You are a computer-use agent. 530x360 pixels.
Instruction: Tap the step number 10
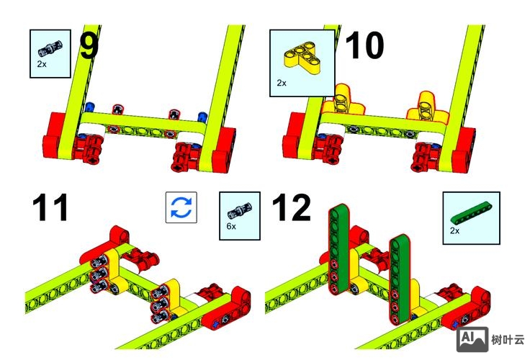coord(364,45)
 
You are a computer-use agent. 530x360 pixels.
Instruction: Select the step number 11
coord(50,207)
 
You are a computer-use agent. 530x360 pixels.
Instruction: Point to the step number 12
coord(291,207)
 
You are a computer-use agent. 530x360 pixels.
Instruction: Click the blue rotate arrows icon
coord(181,207)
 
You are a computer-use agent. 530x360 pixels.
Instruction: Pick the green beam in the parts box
coord(471,213)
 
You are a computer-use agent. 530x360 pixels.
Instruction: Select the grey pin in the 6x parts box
coord(240,210)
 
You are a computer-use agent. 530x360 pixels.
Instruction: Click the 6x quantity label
coord(231,226)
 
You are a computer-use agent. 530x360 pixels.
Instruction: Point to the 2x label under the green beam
coord(455,230)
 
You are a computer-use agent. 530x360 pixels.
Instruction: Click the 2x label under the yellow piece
coord(282,83)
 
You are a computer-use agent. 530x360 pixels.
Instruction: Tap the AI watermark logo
coord(472,339)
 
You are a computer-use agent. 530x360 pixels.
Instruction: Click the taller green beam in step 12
coord(339,248)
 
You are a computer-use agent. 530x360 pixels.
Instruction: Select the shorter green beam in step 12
coord(400,279)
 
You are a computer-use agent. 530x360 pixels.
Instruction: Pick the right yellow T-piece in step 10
coord(426,106)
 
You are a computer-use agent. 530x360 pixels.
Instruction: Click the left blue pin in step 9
coord(89,107)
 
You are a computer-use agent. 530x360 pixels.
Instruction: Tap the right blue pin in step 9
coord(202,117)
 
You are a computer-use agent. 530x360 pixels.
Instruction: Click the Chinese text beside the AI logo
coord(508,339)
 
